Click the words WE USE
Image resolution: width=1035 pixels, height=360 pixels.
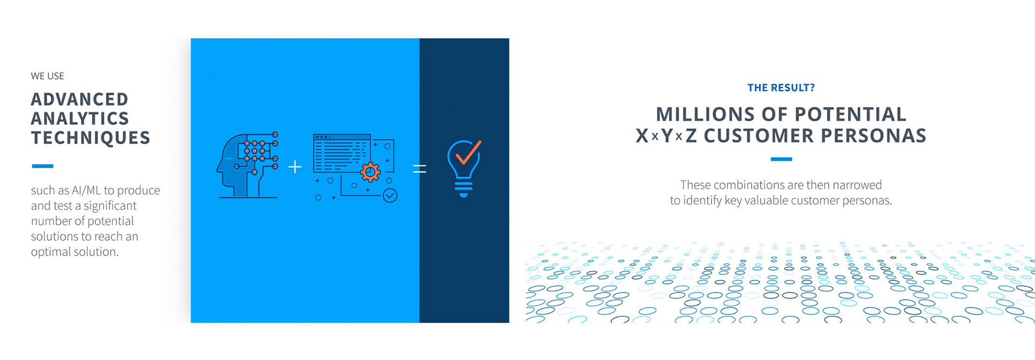click(47, 76)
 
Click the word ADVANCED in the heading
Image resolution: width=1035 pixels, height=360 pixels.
click(80, 99)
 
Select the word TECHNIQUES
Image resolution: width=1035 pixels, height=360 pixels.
click(91, 138)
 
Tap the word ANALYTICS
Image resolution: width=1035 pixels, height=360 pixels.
click(80, 119)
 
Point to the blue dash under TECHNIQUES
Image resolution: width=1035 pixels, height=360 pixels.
click(43, 166)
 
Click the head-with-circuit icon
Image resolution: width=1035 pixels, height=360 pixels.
click(247, 165)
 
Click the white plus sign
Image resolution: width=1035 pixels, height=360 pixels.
click(295, 167)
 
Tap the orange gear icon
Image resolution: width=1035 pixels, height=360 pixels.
click(370, 172)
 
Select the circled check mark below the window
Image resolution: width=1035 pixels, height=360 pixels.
click(390, 195)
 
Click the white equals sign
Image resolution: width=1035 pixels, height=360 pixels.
click(419, 169)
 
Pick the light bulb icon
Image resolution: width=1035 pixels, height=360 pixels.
click(464, 169)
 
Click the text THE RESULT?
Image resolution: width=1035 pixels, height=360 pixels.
click(781, 88)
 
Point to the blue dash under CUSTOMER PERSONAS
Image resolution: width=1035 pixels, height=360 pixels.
click(781, 159)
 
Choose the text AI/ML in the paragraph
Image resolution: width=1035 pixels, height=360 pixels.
click(86, 190)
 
